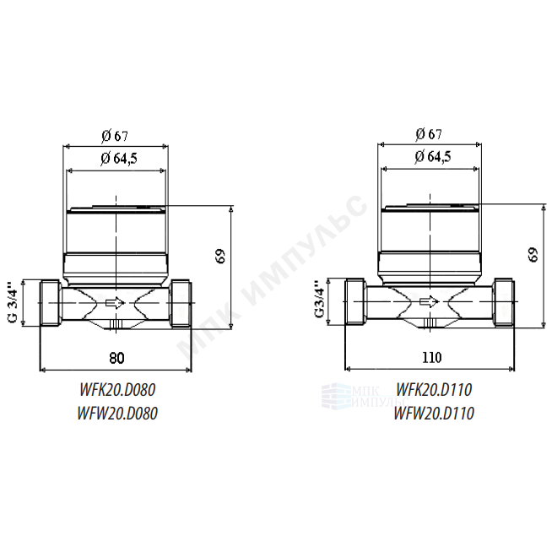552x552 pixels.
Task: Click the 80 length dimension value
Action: [x=116, y=358]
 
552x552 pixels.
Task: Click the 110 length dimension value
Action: [x=431, y=357]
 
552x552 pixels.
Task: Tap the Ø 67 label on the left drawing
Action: [x=115, y=136]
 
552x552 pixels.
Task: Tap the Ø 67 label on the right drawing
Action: [x=429, y=133]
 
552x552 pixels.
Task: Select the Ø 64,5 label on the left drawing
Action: [x=119, y=159]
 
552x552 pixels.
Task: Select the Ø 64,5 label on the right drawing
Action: [x=433, y=156]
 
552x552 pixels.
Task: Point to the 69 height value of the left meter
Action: [x=220, y=257]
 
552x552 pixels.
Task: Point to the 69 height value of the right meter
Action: [x=533, y=255]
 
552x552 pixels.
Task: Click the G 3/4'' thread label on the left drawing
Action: [x=13, y=301]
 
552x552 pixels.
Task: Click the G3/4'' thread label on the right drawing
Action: [x=319, y=300]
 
